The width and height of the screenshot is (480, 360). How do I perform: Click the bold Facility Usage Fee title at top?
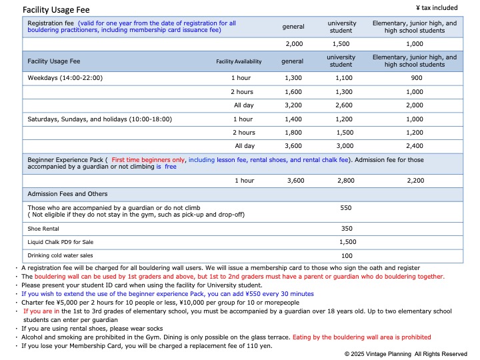point(56,10)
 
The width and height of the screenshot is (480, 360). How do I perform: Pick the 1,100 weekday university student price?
point(341,77)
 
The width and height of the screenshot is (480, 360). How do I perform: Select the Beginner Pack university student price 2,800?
point(341,181)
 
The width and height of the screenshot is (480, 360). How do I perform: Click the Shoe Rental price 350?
point(346,228)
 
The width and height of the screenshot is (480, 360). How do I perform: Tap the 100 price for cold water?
point(347,255)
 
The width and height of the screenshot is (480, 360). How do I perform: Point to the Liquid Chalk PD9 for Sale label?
point(60,242)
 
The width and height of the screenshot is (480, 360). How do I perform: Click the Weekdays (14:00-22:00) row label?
point(65,77)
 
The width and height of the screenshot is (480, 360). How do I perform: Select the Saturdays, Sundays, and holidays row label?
point(99,119)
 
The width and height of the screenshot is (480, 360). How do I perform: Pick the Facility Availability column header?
point(239,61)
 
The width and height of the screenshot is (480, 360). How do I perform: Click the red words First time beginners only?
point(149,160)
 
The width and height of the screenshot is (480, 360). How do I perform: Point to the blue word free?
point(171,167)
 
